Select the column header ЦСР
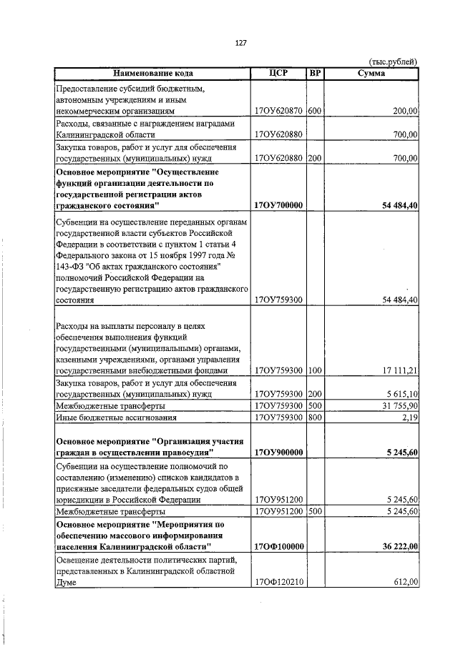point(279,74)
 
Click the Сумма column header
point(371,74)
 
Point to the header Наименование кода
point(152,74)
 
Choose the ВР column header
point(315,74)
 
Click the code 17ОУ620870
point(280,112)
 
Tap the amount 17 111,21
point(396,371)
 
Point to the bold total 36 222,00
point(394,547)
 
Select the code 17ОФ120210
point(280,583)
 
